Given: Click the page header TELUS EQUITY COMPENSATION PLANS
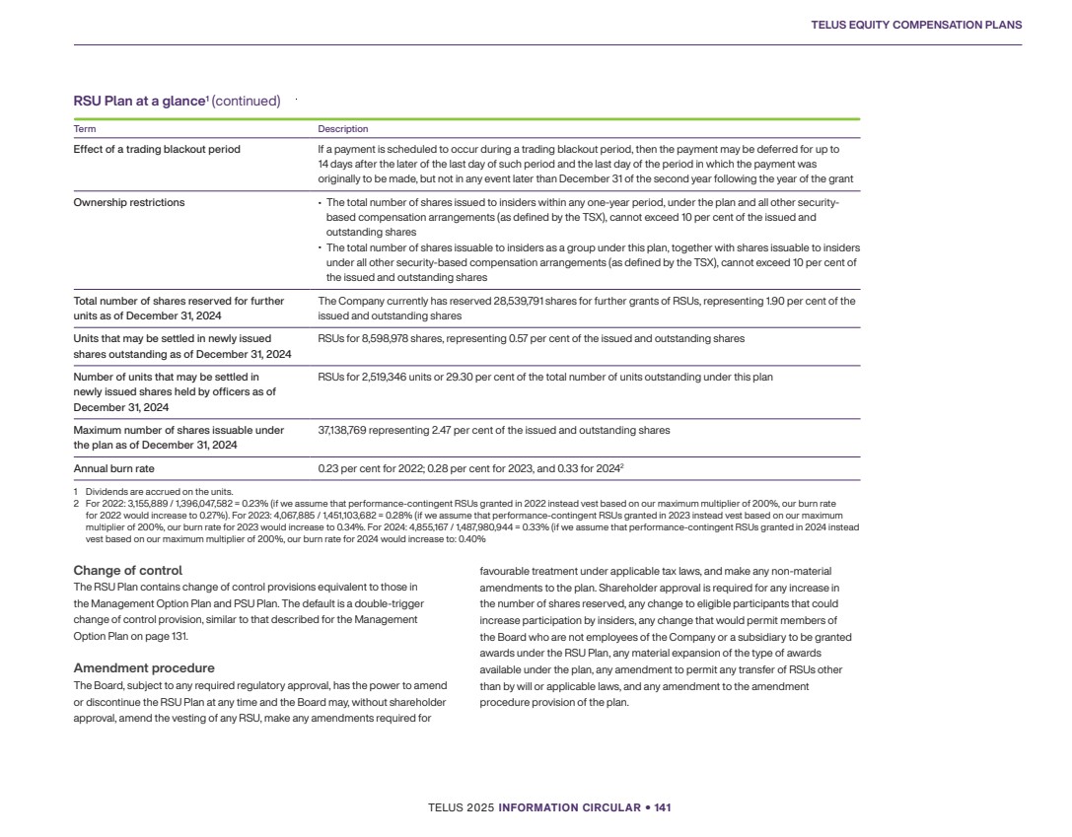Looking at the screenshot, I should pyautogui.click(x=916, y=25).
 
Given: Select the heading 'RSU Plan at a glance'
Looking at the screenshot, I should pyautogui.click(x=140, y=101).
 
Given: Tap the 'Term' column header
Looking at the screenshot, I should pyautogui.click(x=85, y=129).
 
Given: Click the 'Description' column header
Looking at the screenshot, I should pyautogui.click(x=342, y=129).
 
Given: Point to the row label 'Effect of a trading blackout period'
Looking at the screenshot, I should pyautogui.click(x=157, y=150).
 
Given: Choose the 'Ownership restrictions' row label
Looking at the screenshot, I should pyautogui.click(x=129, y=202).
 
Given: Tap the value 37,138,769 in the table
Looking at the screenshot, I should pyautogui.click(x=342, y=430).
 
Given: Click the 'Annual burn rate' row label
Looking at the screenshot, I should pyautogui.click(x=113, y=469).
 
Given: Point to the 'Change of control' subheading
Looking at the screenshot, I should pyautogui.click(x=127, y=571).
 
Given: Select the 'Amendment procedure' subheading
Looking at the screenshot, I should pyautogui.click(x=144, y=668).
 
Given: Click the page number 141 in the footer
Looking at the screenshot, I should pyautogui.click(x=662, y=808).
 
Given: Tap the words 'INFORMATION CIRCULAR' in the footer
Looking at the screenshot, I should pyautogui.click(x=571, y=808).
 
